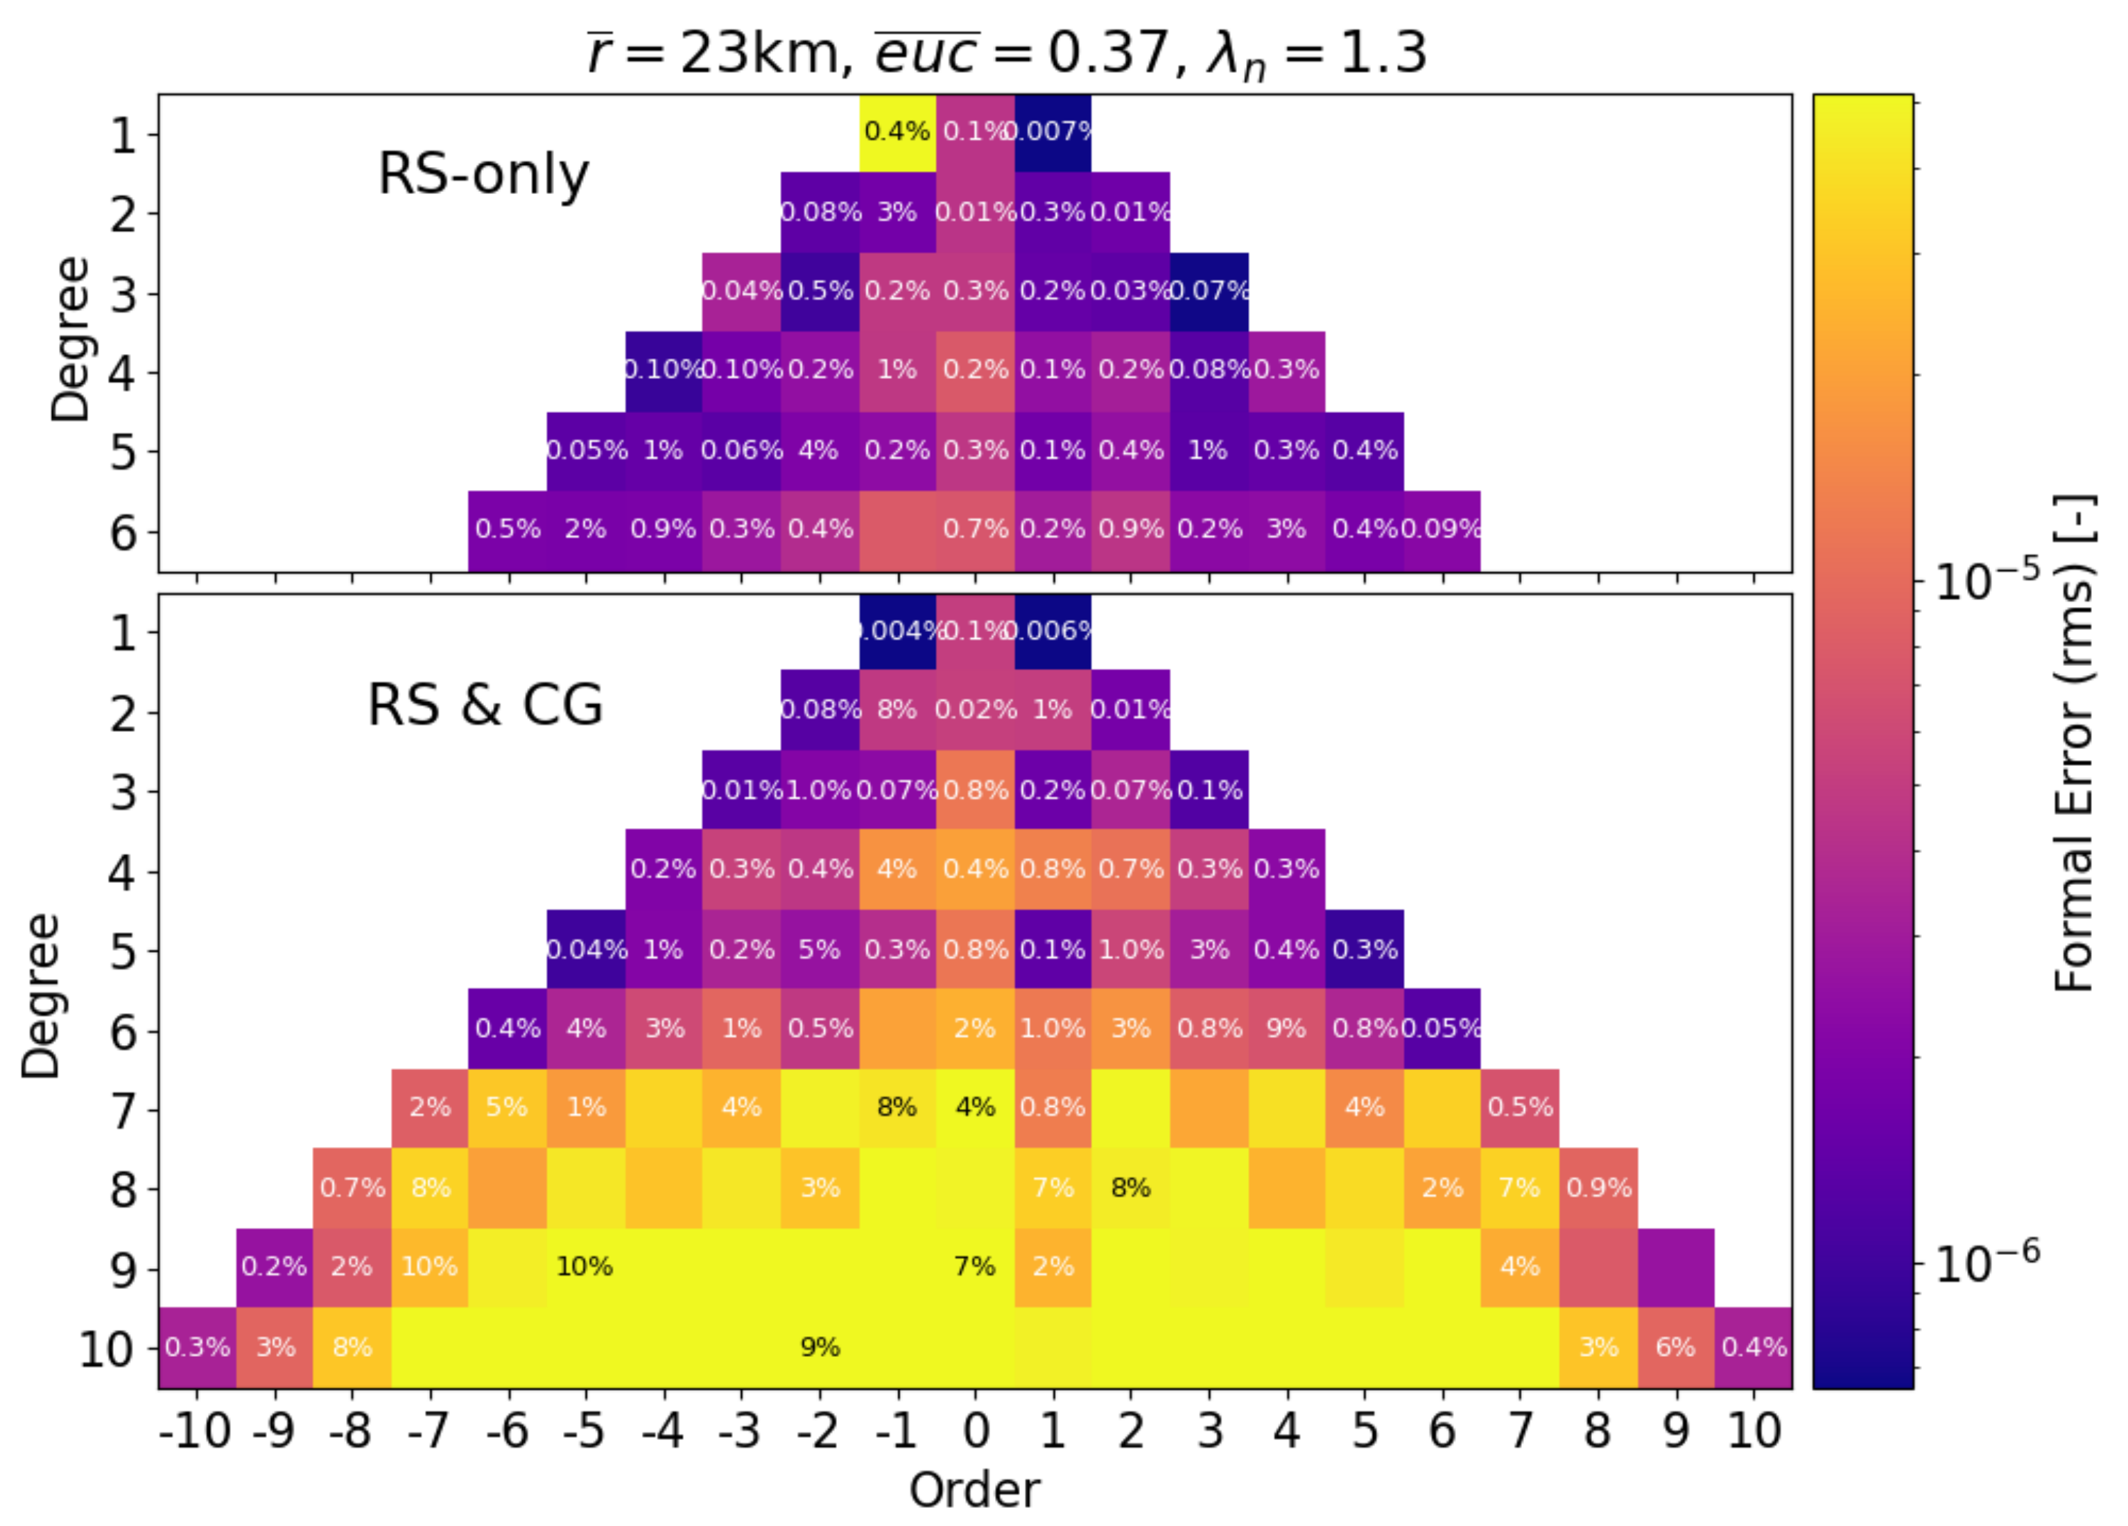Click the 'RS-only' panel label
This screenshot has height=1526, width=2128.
483,175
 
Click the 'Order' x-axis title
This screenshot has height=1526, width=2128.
974,1489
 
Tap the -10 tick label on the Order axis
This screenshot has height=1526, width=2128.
195,1431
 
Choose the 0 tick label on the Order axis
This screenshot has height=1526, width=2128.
975,1431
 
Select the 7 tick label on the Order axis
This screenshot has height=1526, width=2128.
1520,1431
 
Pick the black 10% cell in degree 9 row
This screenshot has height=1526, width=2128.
585,1267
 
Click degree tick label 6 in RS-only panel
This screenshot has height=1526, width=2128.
123,533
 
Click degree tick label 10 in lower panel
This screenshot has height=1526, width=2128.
105,1350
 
